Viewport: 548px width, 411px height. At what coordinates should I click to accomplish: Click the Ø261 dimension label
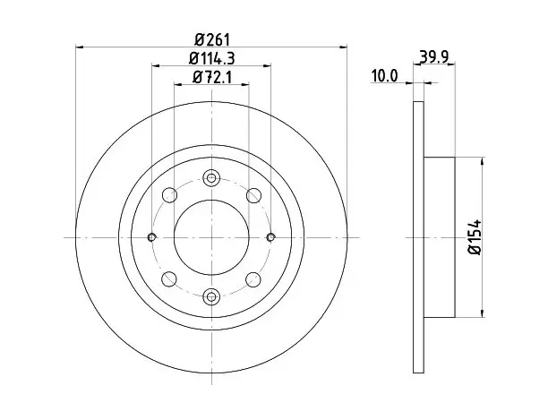pyautogui.click(x=212, y=39)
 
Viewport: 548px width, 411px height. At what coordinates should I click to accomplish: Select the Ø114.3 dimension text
pyautogui.click(x=212, y=58)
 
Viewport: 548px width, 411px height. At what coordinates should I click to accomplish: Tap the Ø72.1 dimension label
pyautogui.click(x=212, y=77)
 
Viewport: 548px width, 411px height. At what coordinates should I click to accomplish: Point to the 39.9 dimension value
pyautogui.click(x=434, y=56)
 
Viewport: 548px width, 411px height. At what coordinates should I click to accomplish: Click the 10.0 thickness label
pyautogui.click(x=384, y=76)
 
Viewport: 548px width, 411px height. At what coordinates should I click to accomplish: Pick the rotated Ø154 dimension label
pyautogui.click(x=475, y=237)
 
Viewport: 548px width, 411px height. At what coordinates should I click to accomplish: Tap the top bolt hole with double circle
pyautogui.click(x=211, y=178)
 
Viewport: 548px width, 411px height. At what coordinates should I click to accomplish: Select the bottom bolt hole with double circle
pyautogui.click(x=211, y=297)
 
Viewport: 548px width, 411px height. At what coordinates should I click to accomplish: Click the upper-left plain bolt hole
pyautogui.click(x=170, y=195)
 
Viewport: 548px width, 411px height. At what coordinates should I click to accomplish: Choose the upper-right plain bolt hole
pyautogui.click(x=253, y=195)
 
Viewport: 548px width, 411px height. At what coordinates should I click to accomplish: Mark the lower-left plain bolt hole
pyautogui.click(x=170, y=278)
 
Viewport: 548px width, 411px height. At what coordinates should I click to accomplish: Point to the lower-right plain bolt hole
pyautogui.click(x=253, y=278)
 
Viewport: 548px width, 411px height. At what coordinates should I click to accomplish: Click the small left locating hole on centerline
pyautogui.click(x=151, y=237)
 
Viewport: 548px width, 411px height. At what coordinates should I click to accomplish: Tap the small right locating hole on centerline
pyautogui.click(x=270, y=237)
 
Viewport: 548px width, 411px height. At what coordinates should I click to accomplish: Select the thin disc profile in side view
pyautogui.click(x=419, y=237)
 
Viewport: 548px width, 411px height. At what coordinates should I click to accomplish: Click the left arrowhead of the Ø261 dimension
pyautogui.click(x=80, y=47)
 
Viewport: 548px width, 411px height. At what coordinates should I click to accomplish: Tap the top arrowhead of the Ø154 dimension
pyautogui.click(x=483, y=161)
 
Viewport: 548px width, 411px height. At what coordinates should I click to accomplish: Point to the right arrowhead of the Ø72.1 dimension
pyautogui.click(x=245, y=84)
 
